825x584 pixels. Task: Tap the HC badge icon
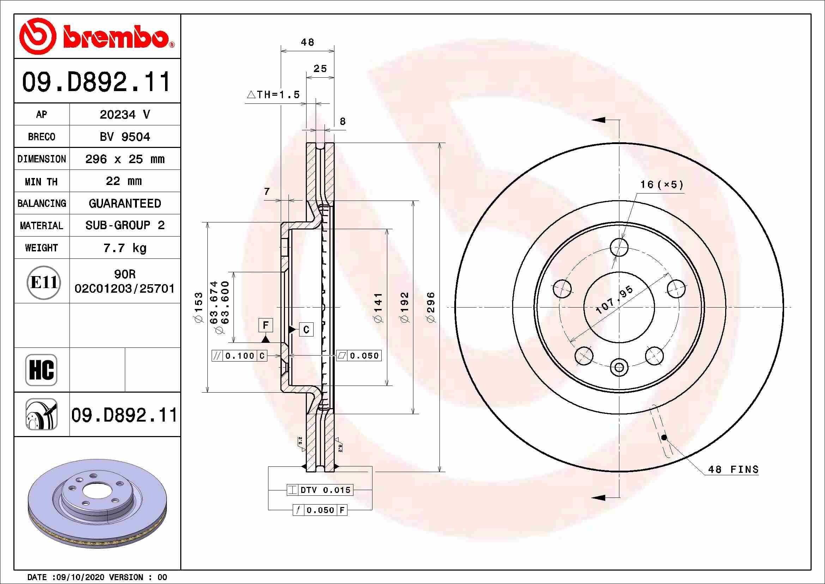pos(41,370)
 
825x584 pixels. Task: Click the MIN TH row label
pos(41,181)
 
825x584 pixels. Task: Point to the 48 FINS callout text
pos(733,469)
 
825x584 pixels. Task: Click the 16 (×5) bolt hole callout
pos(661,184)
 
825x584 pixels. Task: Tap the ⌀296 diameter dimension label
pos(431,308)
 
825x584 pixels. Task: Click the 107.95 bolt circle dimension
pos(614,300)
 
